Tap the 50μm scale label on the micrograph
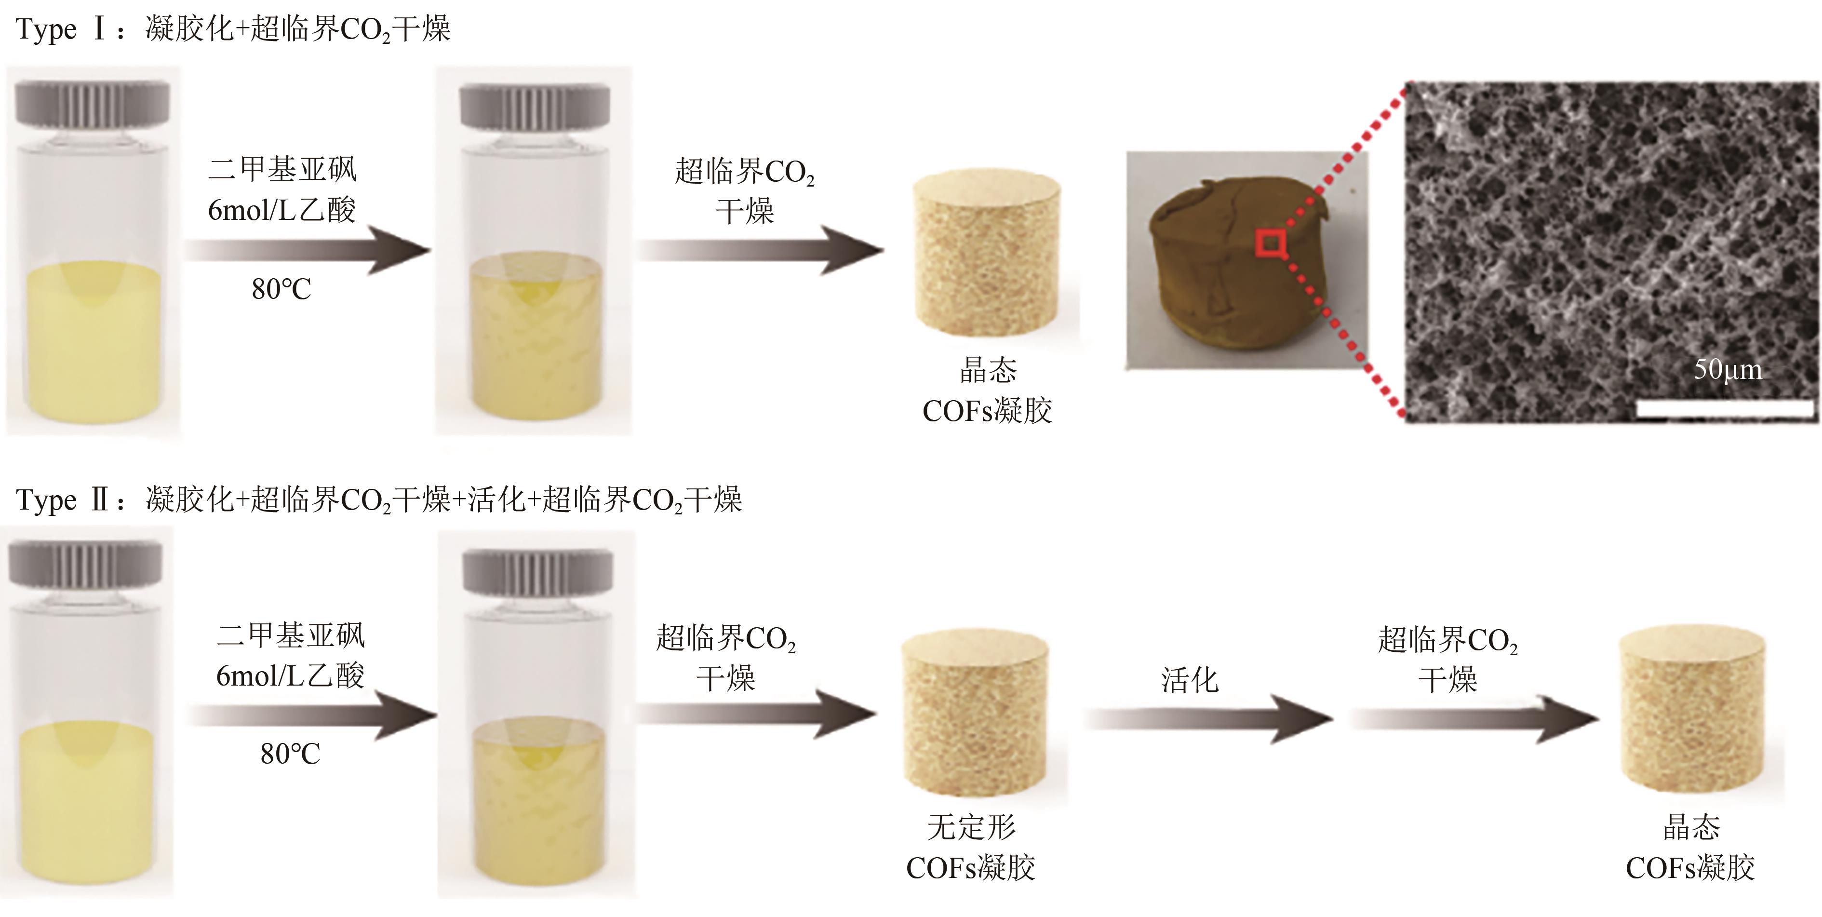click(1727, 369)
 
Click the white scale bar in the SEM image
click(1725, 408)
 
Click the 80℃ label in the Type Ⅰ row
click(281, 289)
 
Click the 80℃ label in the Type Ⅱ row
click(290, 754)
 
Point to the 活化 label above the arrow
click(1190, 680)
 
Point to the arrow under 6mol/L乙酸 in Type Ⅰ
click(307, 250)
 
